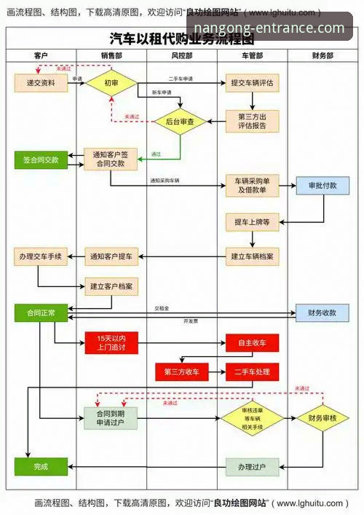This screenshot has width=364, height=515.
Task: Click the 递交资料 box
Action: tap(41, 82)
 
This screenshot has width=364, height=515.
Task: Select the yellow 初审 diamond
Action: tap(111, 82)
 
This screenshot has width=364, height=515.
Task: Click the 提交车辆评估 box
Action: tap(252, 82)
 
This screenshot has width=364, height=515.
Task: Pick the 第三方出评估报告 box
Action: tap(252, 121)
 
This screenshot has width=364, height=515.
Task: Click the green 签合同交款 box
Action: tap(41, 160)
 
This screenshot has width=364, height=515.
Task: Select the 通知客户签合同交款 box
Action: tap(111, 159)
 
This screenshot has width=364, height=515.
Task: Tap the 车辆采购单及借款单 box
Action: tap(252, 186)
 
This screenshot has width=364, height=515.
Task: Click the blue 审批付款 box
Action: tap(323, 186)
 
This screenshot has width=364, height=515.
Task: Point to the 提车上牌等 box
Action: tap(252, 222)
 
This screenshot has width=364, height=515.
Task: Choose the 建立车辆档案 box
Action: tap(252, 256)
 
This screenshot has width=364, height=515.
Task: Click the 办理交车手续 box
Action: tap(41, 256)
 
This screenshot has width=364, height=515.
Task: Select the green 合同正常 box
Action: tap(41, 312)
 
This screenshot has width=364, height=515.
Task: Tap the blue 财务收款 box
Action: tap(323, 312)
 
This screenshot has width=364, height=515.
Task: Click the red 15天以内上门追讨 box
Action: tap(111, 342)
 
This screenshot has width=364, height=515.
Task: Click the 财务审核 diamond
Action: tap(323, 418)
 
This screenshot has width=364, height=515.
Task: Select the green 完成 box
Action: tap(41, 466)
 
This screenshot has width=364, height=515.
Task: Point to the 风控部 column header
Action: tap(181, 55)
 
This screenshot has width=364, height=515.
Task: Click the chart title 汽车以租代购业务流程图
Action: tap(181, 39)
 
